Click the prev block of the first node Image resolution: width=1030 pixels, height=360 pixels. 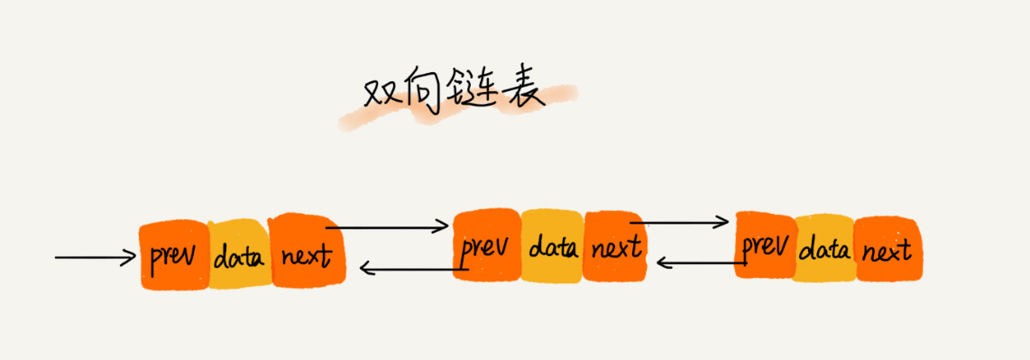[x=173, y=255]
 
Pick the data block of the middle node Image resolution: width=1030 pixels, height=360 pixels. [x=552, y=245]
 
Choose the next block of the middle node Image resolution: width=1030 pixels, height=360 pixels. [x=616, y=245]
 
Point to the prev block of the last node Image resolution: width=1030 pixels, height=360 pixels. [x=765, y=245]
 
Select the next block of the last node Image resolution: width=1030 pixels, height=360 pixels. [x=886, y=248]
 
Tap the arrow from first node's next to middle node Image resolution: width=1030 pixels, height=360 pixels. [x=392, y=226]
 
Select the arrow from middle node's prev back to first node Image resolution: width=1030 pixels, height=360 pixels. [x=410, y=266]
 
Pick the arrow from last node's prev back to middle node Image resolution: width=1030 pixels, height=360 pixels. [x=699, y=263]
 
